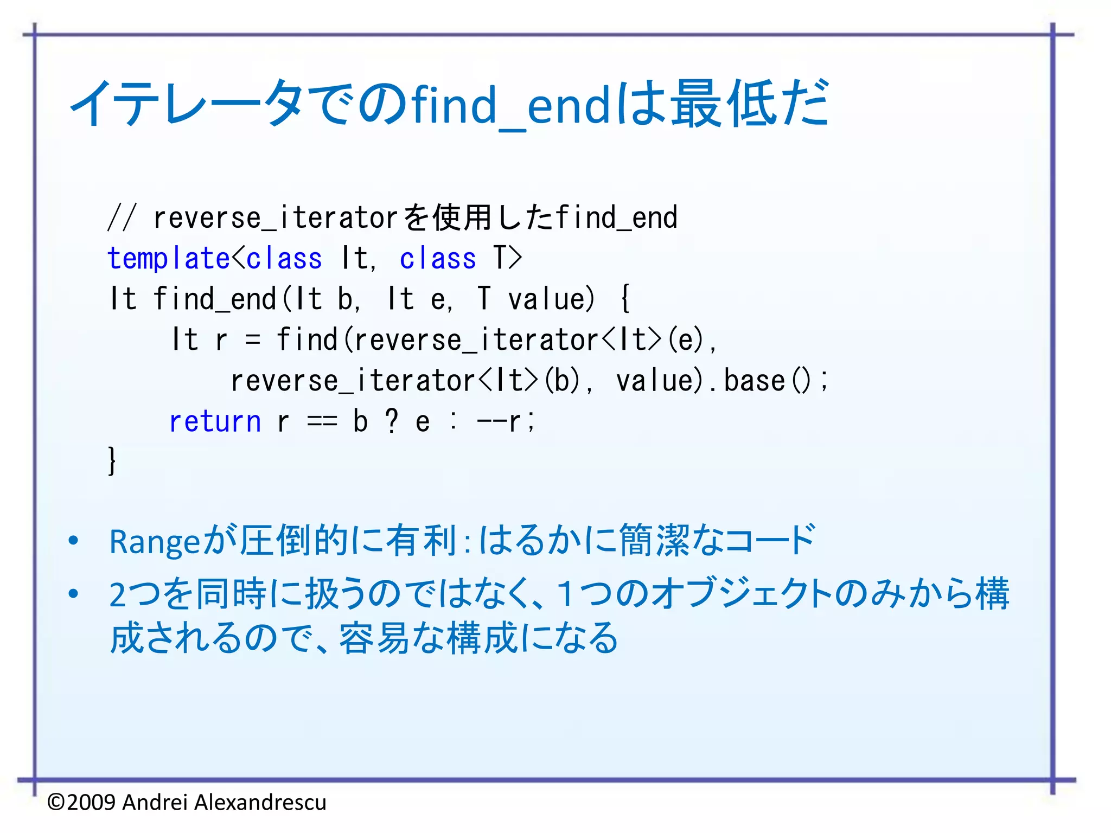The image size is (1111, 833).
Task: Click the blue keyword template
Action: [169, 258]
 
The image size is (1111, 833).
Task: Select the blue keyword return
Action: [215, 421]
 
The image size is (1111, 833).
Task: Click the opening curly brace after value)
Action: [625, 299]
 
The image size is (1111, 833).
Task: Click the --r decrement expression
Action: [499, 421]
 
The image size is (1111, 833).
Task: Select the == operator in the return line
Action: [322, 421]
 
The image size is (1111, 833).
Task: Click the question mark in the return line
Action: [392, 421]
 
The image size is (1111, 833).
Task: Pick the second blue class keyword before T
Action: [437, 258]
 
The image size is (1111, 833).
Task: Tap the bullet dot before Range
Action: [74, 541]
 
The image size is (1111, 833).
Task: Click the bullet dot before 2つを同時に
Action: [74, 594]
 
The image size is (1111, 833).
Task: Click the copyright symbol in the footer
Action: [56, 802]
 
